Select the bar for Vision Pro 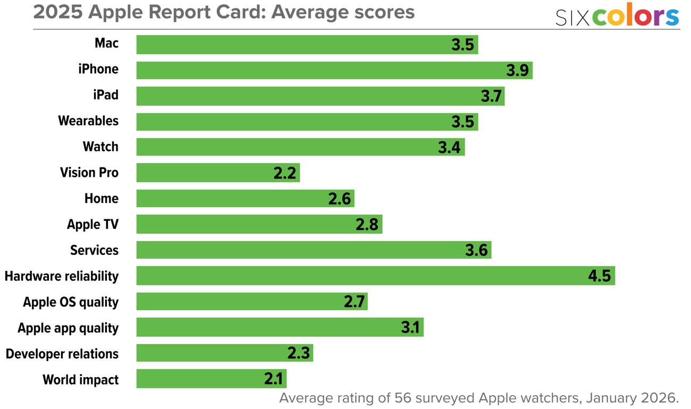[x=218, y=173]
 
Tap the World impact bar [x=211, y=379]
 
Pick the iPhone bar [x=334, y=70]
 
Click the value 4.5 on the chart [x=599, y=277]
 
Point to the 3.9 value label [x=517, y=71]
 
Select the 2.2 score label [x=284, y=173]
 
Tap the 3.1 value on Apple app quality [x=410, y=328]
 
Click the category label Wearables [x=88, y=121]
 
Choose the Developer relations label [x=62, y=354]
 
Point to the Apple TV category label [x=92, y=225]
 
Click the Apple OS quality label [x=71, y=302]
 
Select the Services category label [x=94, y=250]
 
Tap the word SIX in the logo [x=572, y=18]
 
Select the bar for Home [x=245, y=199]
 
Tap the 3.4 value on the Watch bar [x=449, y=147]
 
